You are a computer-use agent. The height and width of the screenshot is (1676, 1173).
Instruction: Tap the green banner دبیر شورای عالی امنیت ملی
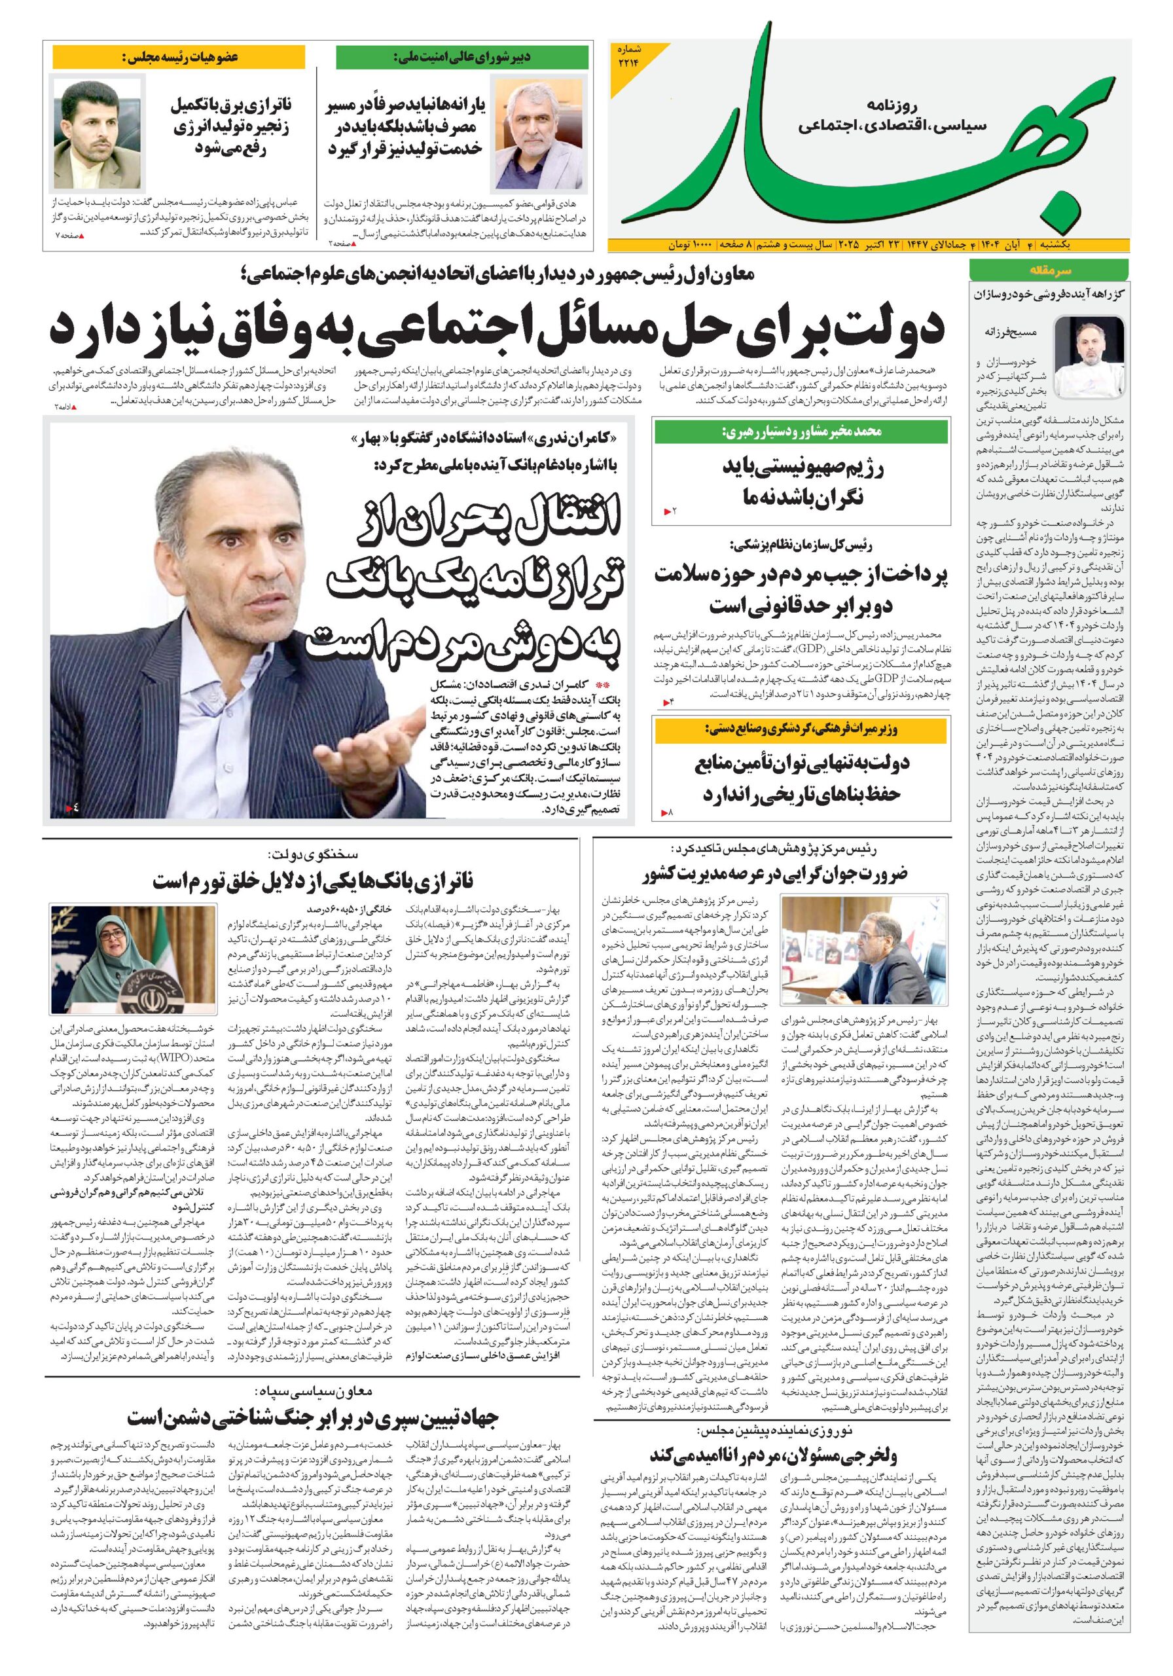461,57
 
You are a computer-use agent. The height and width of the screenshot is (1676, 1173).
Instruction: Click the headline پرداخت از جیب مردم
801,590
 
